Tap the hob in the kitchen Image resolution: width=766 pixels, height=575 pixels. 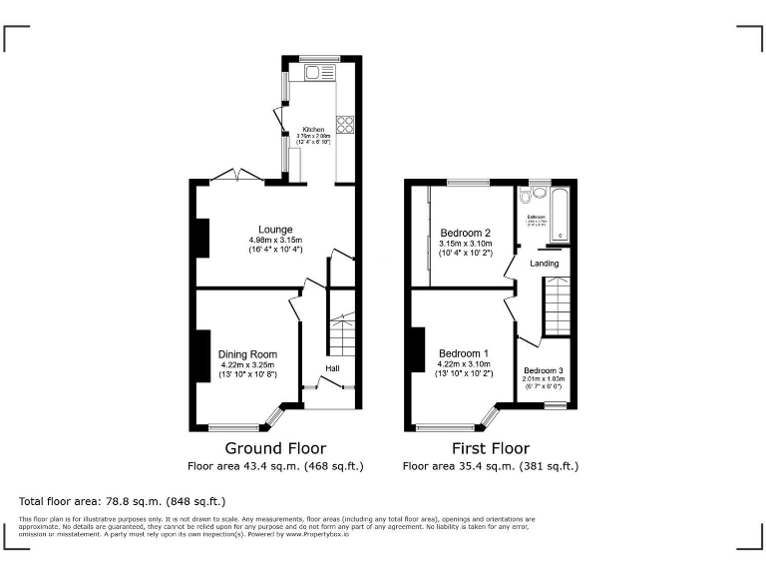click(x=345, y=125)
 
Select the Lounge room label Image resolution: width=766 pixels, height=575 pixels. click(x=275, y=229)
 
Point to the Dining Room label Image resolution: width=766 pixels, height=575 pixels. click(x=248, y=354)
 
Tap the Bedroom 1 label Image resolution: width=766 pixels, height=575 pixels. click(x=464, y=353)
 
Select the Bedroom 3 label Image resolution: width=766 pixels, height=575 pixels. click(x=544, y=370)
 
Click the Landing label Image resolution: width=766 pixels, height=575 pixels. click(x=544, y=264)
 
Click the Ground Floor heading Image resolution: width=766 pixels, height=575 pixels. click(x=275, y=448)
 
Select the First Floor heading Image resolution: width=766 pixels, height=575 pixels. click(x=490, y=448)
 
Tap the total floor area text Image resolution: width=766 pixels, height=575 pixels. click(x=123, y=501)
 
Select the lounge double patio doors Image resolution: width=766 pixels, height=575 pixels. click(x=237, y=176)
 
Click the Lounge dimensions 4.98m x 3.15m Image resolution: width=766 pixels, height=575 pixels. click(x=275, y=240)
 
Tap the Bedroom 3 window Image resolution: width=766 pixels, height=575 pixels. click(x=556, y=404)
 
